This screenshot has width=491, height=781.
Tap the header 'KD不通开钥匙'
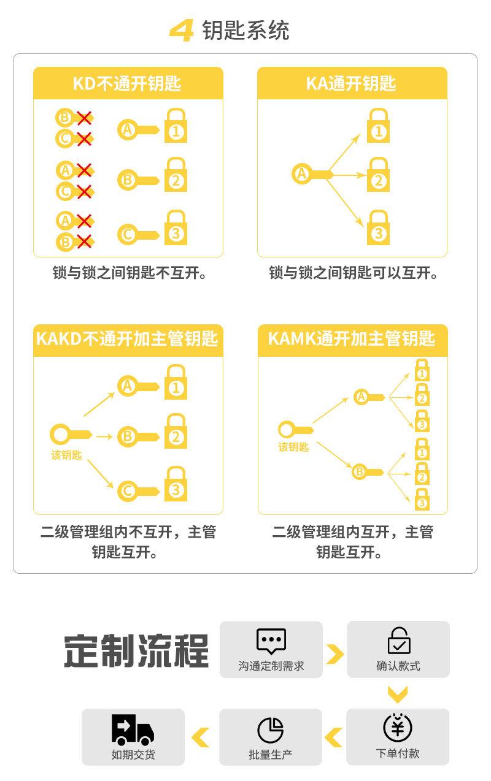tap(128, 83)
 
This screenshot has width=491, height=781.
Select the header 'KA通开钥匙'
tap(352, 83)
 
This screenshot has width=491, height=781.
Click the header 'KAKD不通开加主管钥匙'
tap(128, 338)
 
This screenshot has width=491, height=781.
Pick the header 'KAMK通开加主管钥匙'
tap(352, 338)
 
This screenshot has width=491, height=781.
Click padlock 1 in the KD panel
tap(176, 127)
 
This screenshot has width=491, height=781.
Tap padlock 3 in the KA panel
tap(378, 228)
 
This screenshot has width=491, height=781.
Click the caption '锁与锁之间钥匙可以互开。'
tap(354, 273)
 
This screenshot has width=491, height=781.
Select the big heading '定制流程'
tap(136, 651)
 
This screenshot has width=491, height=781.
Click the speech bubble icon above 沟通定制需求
tap(271, 641)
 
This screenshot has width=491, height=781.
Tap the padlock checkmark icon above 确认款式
tap(398, 641)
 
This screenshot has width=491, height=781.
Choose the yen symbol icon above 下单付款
tap(398, 728)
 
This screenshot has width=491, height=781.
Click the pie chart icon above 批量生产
tap(271, 730)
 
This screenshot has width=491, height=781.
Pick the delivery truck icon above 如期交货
tap(133, 728)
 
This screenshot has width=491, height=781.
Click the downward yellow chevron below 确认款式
tap(398, 695)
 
